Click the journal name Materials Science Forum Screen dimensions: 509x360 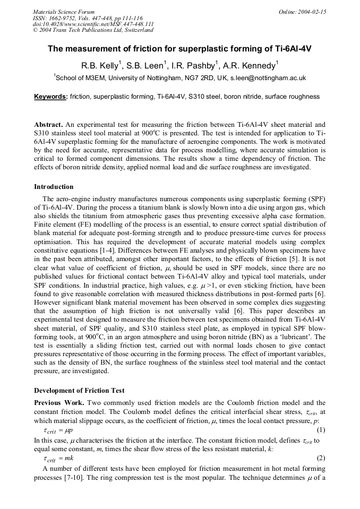click(x=64, y=12)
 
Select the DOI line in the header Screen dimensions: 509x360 click(x=93, y=24)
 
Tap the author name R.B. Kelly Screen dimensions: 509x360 click(x=101, y=66)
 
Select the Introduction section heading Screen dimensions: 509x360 click(x=54, y=187)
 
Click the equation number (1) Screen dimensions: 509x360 click(x=321, y=429)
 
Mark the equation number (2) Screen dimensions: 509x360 click(x=321, y=458)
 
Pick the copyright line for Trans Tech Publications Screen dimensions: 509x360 click(x=93, y=30)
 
